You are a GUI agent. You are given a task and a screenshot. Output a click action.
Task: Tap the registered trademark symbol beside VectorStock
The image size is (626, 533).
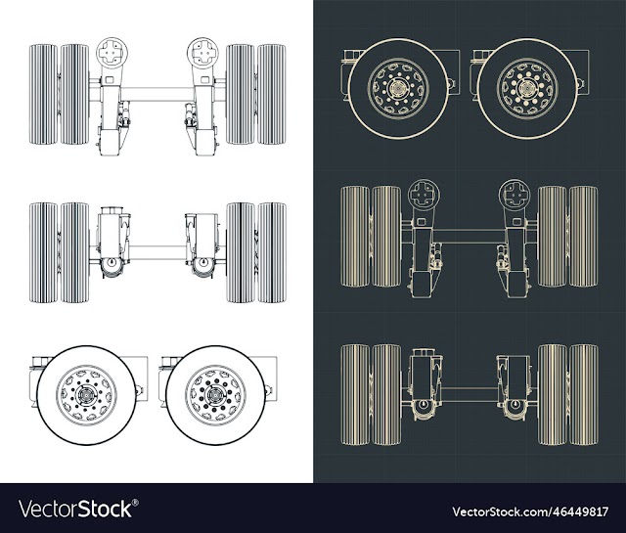135,503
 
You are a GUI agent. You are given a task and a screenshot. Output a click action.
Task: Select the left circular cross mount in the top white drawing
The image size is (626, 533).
112,53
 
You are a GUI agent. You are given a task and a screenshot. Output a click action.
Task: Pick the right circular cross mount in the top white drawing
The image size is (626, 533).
202,53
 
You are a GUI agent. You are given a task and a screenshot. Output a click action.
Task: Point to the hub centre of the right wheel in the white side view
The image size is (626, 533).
215,395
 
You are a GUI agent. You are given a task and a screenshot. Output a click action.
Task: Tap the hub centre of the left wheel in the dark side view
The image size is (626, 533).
398,88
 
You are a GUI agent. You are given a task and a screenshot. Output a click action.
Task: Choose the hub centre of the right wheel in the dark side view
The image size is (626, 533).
527,88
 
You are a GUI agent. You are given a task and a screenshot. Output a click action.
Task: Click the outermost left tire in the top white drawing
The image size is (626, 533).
43,94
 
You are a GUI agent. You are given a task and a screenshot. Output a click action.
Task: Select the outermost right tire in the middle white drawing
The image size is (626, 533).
272,252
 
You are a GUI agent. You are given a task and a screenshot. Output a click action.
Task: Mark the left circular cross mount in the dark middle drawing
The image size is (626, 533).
424,196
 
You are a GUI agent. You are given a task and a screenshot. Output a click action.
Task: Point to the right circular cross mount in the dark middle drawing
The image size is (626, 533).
514,196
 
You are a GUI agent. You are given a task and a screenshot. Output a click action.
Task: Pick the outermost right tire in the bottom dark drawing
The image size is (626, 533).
584,394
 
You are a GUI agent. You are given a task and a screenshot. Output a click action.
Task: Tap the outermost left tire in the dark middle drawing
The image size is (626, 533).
355,237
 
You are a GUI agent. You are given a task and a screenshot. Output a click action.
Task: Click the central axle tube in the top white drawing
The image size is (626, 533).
156,94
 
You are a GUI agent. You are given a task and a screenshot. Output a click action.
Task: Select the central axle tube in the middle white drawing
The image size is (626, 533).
157,252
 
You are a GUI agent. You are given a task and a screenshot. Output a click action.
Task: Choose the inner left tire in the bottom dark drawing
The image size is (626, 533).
386,394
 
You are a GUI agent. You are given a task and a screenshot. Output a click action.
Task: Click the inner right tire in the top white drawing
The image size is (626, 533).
241,94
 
